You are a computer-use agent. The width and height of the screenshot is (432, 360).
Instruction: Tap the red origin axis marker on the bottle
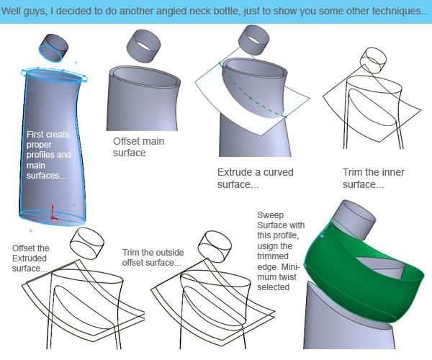click(x=53, y=213)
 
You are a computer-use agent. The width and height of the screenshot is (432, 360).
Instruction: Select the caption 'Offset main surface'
click(x=138, y=147)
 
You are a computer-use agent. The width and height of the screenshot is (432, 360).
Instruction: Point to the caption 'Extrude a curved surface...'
click(x=256, y=179)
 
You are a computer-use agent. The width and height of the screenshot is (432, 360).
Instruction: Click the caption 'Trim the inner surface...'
click(x=373, y=179)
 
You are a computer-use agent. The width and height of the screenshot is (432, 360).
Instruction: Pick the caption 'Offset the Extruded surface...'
click(x=30, y=258)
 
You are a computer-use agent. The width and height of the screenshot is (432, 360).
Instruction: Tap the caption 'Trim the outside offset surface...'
click(x=153, y=258)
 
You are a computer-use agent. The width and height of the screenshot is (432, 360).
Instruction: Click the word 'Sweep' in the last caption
click(x=266, y=215)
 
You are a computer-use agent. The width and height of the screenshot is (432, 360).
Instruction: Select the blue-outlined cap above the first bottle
click(x=53, y=48)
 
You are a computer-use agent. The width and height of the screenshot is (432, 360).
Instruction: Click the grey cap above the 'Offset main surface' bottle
click(x=143, y=45)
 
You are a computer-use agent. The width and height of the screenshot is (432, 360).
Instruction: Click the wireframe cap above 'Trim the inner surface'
click(x=373, y=60)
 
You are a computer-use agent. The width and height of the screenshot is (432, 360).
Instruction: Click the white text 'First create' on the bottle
click(x=48, y=135)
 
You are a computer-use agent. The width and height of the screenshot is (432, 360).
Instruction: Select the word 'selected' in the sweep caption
click(x=274, y=287)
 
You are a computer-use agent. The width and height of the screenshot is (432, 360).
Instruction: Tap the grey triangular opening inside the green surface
click(x=382, y=264)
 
